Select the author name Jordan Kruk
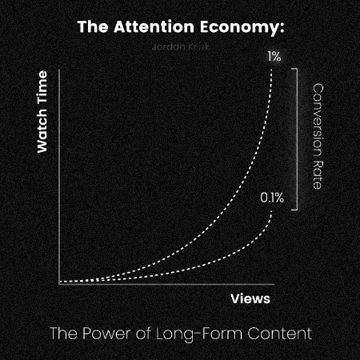pos(179,46)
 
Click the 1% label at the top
pos(274,57)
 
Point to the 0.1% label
pos(272,197)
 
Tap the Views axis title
pos(250,298)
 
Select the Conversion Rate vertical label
pos(317,136)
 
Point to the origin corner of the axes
pos(58,283)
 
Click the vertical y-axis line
pos(58,176)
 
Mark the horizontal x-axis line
pos(160,283)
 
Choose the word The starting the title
pos(90,26)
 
